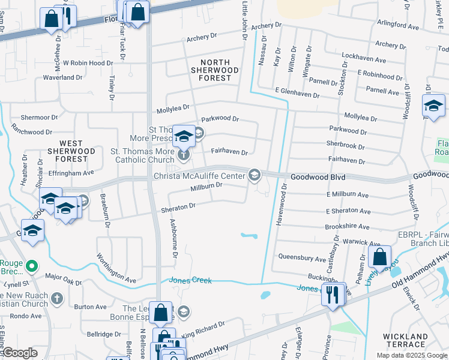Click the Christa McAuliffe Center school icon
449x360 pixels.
pyautogui.click(x=255, y=175)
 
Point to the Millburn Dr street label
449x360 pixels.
pyautogui.click(x=206, y=185)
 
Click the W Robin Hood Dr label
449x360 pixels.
pyautogui.click(x=88, y=62)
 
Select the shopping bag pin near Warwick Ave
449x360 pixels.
pyautogui.click(x=379, y=258)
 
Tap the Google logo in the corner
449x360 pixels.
pyautogui.click(x=20, y=353)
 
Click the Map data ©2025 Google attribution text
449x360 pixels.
pyautogui.click(x=411, y=355)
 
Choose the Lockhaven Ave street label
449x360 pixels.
pyautogui.click(x=364, y=60)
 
